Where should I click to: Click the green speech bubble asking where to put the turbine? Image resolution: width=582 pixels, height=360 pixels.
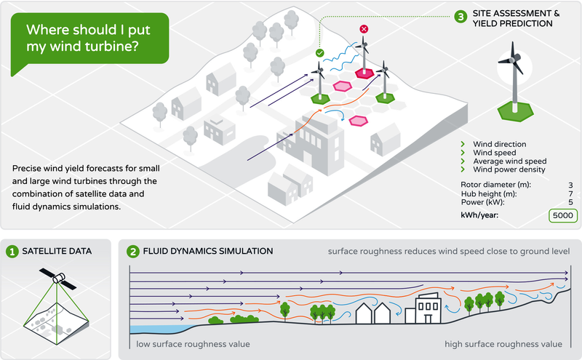(89, 39)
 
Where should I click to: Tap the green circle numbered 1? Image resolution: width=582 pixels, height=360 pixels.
(12, 252)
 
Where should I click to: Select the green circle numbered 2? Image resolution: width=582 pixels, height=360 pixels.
(132, 252)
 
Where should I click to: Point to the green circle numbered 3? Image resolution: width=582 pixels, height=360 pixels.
(461, 17)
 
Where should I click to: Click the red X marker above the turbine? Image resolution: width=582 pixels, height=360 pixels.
(364, 29)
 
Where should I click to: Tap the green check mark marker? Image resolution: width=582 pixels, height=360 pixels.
(319, 53)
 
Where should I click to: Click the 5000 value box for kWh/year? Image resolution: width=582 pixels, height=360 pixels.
(562, 215)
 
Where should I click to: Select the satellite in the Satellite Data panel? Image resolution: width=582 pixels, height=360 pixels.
(58, 279)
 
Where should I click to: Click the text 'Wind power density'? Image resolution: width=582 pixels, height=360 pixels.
(509, 169)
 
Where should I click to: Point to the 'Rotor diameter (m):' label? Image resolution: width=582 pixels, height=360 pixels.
(495, 185)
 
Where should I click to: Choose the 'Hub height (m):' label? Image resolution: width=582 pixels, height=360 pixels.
(488, 193)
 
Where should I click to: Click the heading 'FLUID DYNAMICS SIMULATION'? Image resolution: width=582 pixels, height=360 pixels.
(208, 251)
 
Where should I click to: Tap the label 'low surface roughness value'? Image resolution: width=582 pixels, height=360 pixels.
(193, 344)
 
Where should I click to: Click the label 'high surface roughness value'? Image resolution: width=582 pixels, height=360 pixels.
(503, 344)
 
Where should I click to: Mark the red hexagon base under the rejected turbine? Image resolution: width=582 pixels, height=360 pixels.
(364, 73)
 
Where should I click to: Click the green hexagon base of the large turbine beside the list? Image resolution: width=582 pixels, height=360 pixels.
(515, 111)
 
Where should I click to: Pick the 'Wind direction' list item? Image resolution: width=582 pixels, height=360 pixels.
(499, 144)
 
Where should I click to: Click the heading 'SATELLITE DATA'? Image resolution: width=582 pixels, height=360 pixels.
(57, 251)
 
